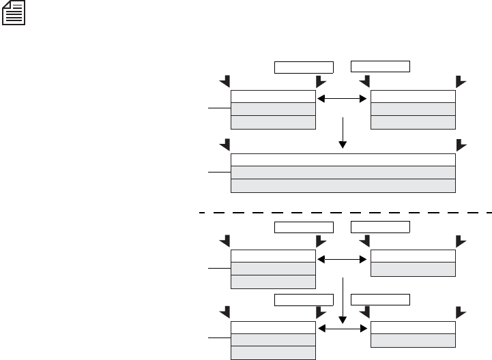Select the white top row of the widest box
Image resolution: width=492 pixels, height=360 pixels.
343,160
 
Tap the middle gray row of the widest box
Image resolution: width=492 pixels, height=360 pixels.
343,172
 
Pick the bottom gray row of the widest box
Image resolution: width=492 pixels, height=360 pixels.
343,186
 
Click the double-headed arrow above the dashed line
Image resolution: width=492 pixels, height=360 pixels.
343,99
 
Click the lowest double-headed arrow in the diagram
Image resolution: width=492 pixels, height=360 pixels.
343,328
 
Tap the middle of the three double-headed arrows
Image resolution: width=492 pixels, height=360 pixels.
343,259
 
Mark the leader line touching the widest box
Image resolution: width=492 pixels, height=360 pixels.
220,173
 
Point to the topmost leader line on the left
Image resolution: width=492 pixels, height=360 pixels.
220,108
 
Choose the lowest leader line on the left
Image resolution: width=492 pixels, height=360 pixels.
220,337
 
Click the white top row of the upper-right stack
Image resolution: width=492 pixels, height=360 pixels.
412,95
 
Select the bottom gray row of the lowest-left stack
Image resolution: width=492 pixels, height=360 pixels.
274,352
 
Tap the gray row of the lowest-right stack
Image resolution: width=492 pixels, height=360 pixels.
412,339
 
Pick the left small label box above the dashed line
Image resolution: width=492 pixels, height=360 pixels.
304,67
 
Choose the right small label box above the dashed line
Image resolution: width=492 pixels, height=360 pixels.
380,66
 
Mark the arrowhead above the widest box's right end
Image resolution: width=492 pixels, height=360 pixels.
461,145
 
